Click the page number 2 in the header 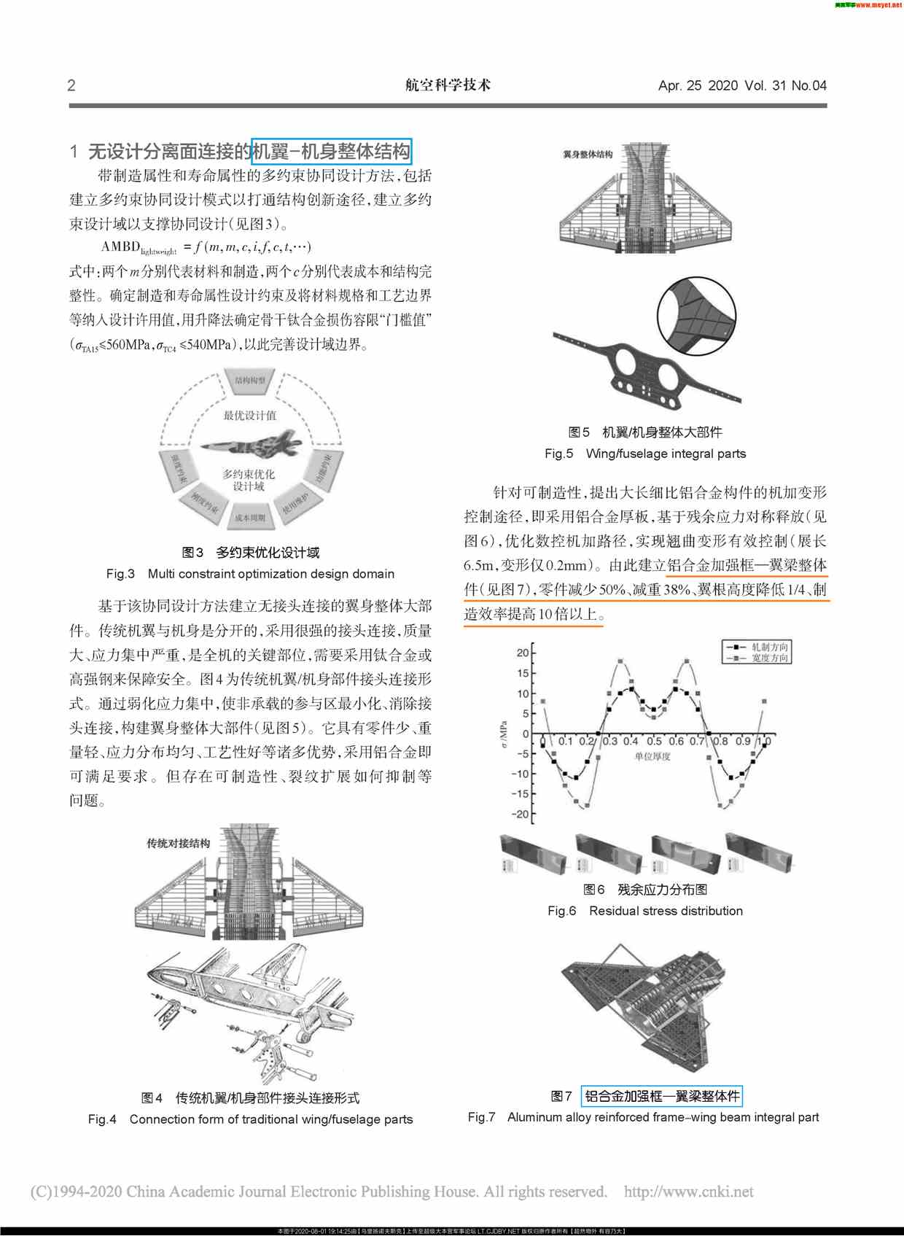[x=71, y=85]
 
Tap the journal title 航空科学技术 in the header [x=448, y=85]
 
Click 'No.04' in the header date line [x=808, y=85]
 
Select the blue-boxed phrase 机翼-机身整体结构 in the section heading [x=332, y=152]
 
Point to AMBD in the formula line [x=120, y=246]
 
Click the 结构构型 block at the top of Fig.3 [x=250, y=380]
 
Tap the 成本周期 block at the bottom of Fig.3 [x=250, y=518]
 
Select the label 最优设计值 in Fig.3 [x=250, y=415]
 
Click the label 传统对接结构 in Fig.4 [x=178, y=843]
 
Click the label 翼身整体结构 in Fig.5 [x=588, y=155]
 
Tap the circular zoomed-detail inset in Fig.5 [x=696, y=316]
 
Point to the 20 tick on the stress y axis [x=523, y=653]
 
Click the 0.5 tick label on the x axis [x=654, y=741]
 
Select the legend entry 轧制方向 [x=769, y=647]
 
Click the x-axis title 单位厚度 [x=652, y=757]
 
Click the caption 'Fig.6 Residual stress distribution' [x=644, y=911]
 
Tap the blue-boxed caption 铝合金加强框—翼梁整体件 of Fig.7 [x=662, y=1096]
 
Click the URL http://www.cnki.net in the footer [x=688, y=1192]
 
